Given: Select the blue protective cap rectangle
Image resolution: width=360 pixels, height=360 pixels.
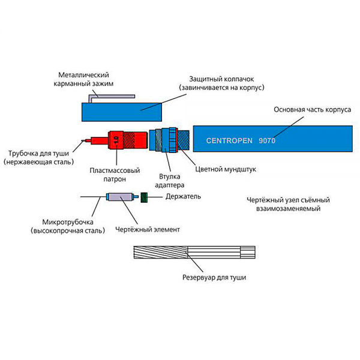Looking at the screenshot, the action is tap(122, 112).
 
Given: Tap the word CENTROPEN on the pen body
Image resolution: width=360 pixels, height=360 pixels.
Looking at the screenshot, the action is tap(229, 140).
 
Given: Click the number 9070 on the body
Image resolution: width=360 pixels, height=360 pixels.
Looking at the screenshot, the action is tap(267, 140).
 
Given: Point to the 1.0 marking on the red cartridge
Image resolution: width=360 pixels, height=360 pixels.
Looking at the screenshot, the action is tap(116, 140).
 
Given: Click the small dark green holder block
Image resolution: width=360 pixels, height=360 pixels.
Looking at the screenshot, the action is tap(144, 197).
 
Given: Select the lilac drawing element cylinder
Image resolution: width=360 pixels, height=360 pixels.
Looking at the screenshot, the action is tap(119, 197).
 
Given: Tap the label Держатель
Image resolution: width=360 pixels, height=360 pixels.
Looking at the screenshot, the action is tap(183, 197).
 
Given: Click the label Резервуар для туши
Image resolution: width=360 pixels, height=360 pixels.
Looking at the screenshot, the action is tap(214, 278).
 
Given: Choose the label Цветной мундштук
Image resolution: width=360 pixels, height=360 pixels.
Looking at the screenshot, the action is tap(226, 169).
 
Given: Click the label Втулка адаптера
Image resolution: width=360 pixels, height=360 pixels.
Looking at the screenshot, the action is tap(169, 181).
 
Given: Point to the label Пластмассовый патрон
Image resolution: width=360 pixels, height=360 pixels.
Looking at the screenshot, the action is tap(115, 175).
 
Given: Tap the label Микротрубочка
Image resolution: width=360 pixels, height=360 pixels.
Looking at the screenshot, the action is tap(68, 222).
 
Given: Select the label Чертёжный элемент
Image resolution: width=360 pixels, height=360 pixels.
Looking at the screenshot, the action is tap(148, 230).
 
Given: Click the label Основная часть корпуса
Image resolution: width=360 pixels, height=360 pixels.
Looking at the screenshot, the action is tap(313, 110).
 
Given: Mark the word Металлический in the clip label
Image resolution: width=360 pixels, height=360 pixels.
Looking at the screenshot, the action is tap(83, 75).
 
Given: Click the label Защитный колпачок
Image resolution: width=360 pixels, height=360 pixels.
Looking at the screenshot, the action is tap(221, 79).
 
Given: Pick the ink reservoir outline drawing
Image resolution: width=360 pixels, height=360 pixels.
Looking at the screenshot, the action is tap(194, 253).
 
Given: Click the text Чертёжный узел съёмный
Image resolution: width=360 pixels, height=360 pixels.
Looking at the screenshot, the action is tap(289, 200).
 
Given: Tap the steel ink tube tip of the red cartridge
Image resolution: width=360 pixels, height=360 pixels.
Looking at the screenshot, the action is tap(83, 140).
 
